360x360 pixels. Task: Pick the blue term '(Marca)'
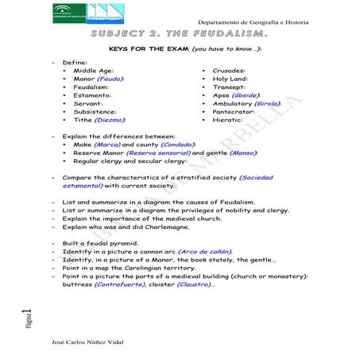pyautogui.click(x=106, y=145)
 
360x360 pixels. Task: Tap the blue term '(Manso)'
pyautogui.click(x=245, y=155)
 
